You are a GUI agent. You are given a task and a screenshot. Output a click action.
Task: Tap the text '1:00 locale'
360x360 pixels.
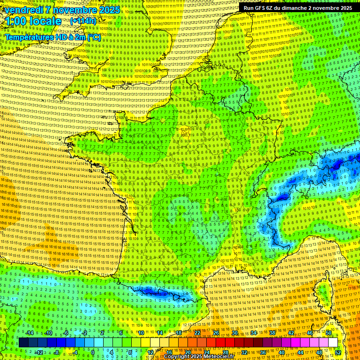[x=33, y=21]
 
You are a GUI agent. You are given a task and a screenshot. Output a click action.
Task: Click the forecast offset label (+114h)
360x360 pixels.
[x=83, y=21]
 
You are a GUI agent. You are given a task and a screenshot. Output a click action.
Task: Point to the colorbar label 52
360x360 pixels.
[x=338, y=352]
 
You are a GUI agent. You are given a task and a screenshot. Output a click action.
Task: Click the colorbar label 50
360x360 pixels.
[x=329, y=333]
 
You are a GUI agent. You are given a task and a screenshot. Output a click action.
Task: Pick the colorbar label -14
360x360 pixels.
[x=30, y=333]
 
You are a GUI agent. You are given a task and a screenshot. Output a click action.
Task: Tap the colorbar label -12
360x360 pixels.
[x=39, y=352]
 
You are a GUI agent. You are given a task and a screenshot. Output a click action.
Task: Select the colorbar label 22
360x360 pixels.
[x=197, y=333]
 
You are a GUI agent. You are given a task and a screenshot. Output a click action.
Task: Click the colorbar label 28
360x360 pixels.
[x=225, y=352]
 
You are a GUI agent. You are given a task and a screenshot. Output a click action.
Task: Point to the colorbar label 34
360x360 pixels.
[x=253, y=333]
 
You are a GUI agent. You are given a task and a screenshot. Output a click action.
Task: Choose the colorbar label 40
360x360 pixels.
[x=281, y=352]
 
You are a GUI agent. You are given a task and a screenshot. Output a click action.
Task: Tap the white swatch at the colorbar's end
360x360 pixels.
[x=333, y=343]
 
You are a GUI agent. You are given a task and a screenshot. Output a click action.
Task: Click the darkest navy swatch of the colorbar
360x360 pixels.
[x=23, y=343]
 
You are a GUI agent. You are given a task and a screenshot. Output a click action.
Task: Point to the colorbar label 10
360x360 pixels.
[x=141, y=333]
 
